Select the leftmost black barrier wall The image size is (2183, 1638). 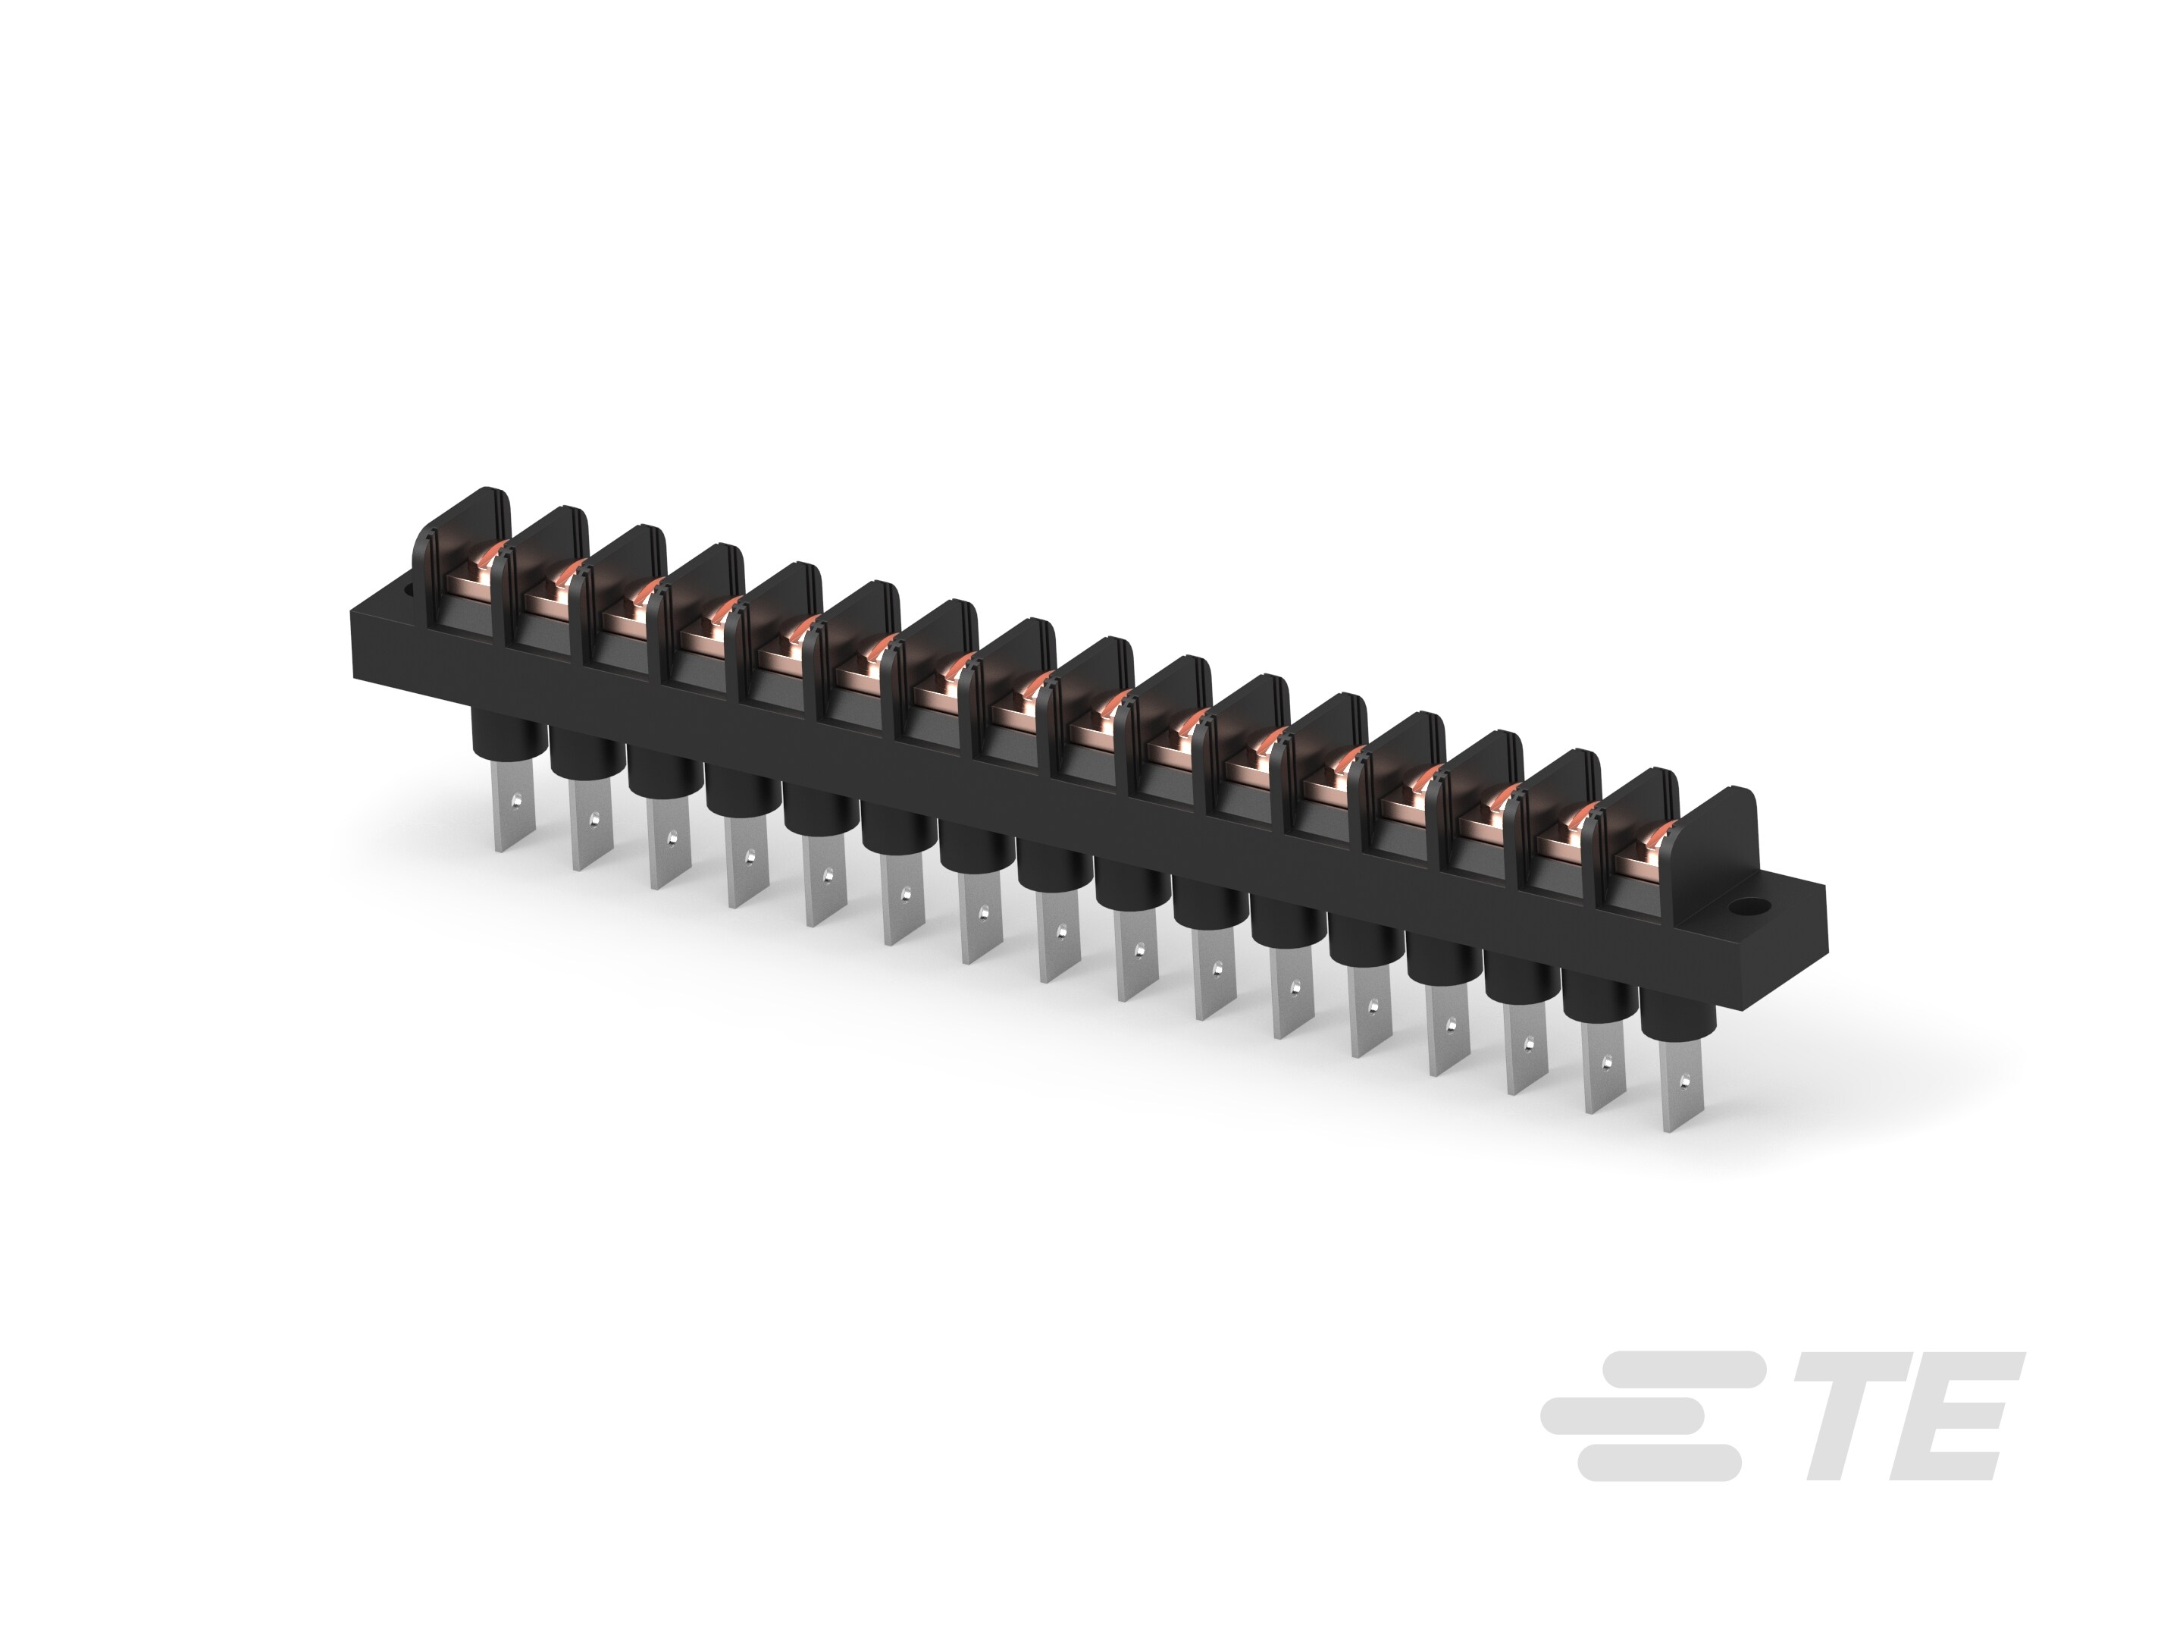click(431, 553)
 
